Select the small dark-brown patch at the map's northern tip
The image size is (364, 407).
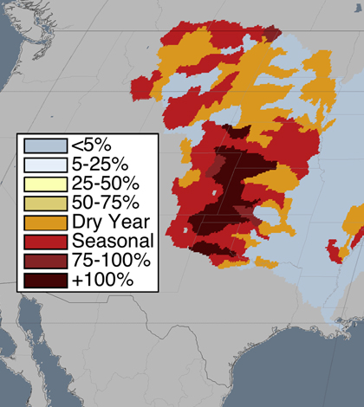271,34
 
